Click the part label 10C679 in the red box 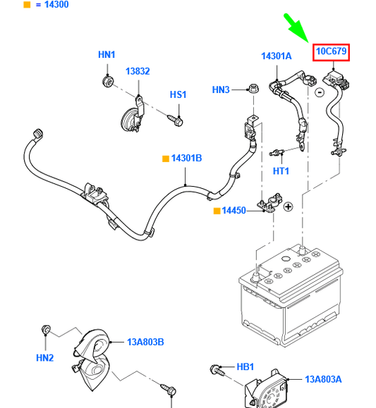click(x=332, y=51)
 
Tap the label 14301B click(x=186, y=159)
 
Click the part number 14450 click(x=234, y=211)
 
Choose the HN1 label click(x=107, y=55)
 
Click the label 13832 click(x=138, y=72)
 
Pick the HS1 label click(x=178, y=94)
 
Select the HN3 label click(x=221, y=90)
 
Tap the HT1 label click(x=281, y=171)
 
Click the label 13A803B click(x=145, y=342)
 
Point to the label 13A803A click(x=323, y=379)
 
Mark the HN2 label click(x=45, y=358)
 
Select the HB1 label click(x=245, y=367)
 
